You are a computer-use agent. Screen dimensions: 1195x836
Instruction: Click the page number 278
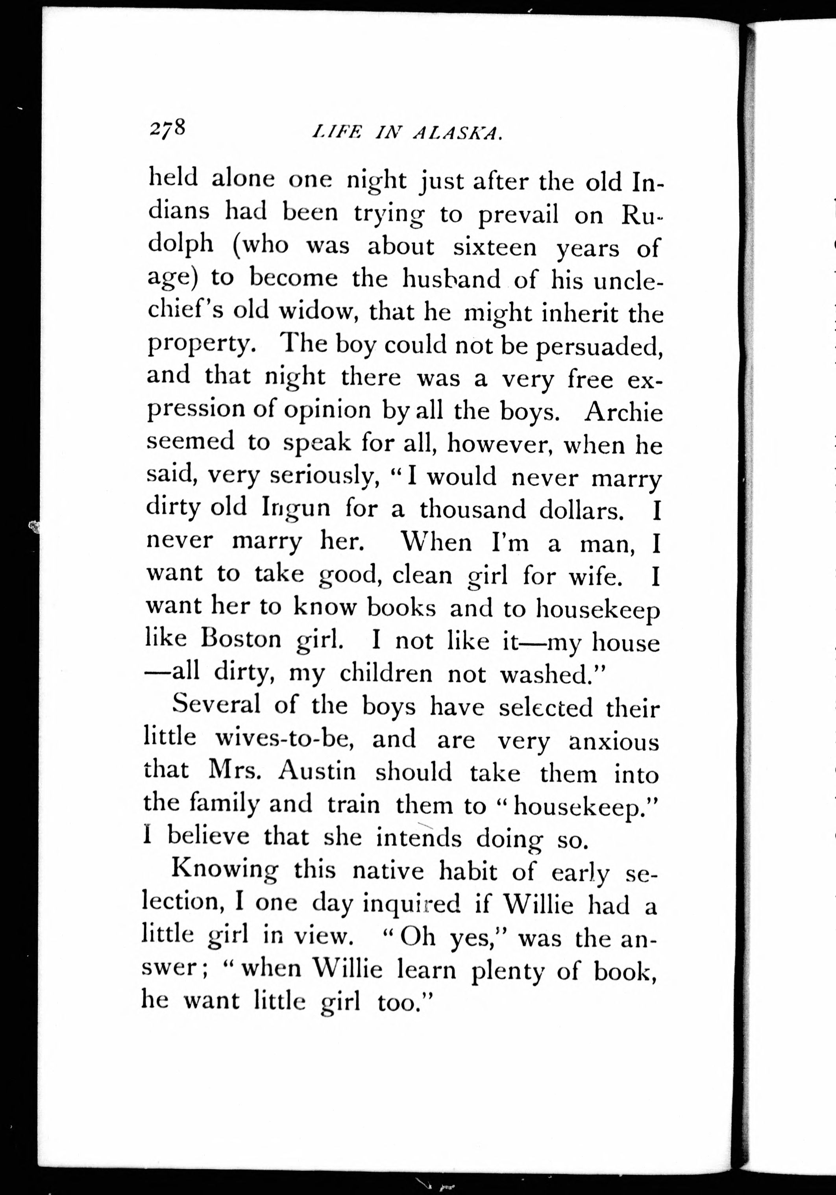(167, 128)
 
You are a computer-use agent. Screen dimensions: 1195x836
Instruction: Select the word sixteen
(494, 247)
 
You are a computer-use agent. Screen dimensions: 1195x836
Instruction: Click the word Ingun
(295, 509)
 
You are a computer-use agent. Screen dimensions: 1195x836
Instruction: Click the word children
(386, 673)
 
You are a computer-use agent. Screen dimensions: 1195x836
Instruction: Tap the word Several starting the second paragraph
(216, 705)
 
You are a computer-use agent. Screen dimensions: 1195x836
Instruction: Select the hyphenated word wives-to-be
(285, 738)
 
